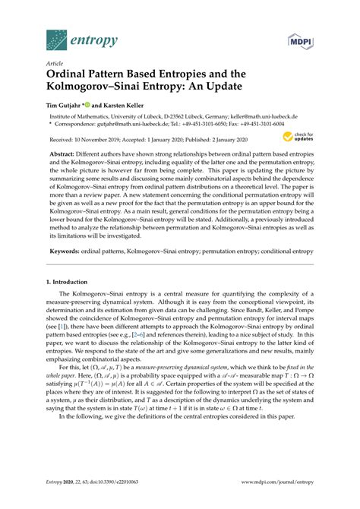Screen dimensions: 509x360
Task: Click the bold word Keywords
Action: click(64, 250)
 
